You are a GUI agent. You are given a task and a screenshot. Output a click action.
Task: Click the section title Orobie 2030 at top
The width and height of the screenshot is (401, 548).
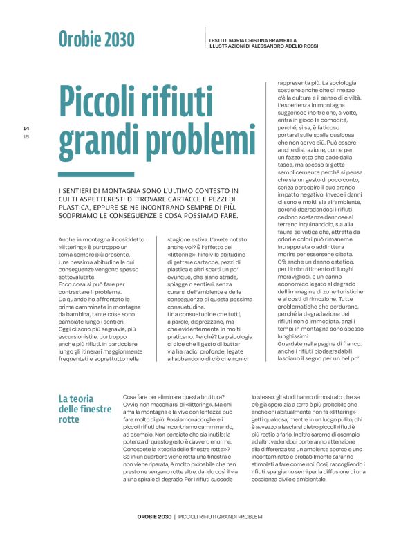pos(96,38)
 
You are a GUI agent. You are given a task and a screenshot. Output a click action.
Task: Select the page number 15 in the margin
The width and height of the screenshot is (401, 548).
pos(26,136)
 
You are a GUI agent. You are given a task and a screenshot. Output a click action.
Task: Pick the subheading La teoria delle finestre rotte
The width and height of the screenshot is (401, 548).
pos(85,409)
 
